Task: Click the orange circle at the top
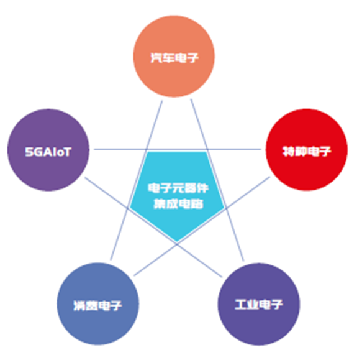click(x=174, y=56)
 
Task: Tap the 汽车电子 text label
click(x=174, y=58)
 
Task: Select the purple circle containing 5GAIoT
click(x=48, y=150)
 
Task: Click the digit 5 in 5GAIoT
click(x=29, y=152)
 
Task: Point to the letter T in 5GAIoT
click(x=66, y=152)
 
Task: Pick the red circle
click(x=307, y=150)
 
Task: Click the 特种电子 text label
click(x=307, y=152)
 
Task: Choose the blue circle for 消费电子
click(x=98, y=304)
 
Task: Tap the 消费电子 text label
click(x=97, y=306)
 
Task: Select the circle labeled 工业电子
click(x=259, y=304)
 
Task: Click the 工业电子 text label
click(x=258, y=305)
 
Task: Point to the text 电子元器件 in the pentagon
click(x=178, y=188)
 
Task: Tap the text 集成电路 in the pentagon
click(x=178, y=204)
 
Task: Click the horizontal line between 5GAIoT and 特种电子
click(x=178, y=149)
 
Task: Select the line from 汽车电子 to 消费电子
click(x=136, y=180)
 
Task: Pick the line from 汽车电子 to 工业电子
click(x=217, y=180)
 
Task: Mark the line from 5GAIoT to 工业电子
click(x=153, y=227)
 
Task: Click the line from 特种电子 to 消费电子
click(x=202, y=226)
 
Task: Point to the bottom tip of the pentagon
click(x=177, y=242)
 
